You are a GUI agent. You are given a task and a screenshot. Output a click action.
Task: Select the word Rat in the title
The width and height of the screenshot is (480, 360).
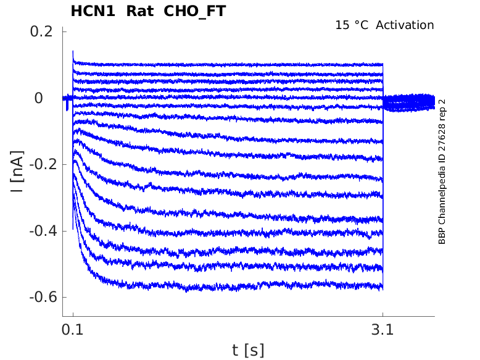coord(139,11)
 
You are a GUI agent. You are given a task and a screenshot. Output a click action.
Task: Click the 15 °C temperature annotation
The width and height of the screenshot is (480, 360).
coord(352,25)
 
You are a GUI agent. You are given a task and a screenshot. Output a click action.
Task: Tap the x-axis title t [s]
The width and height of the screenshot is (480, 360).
coord(248,350)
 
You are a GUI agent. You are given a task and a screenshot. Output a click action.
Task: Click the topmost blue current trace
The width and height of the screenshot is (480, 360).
coord(247,64)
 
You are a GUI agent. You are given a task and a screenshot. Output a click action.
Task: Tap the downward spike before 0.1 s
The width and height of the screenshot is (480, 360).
coord(67,107)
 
